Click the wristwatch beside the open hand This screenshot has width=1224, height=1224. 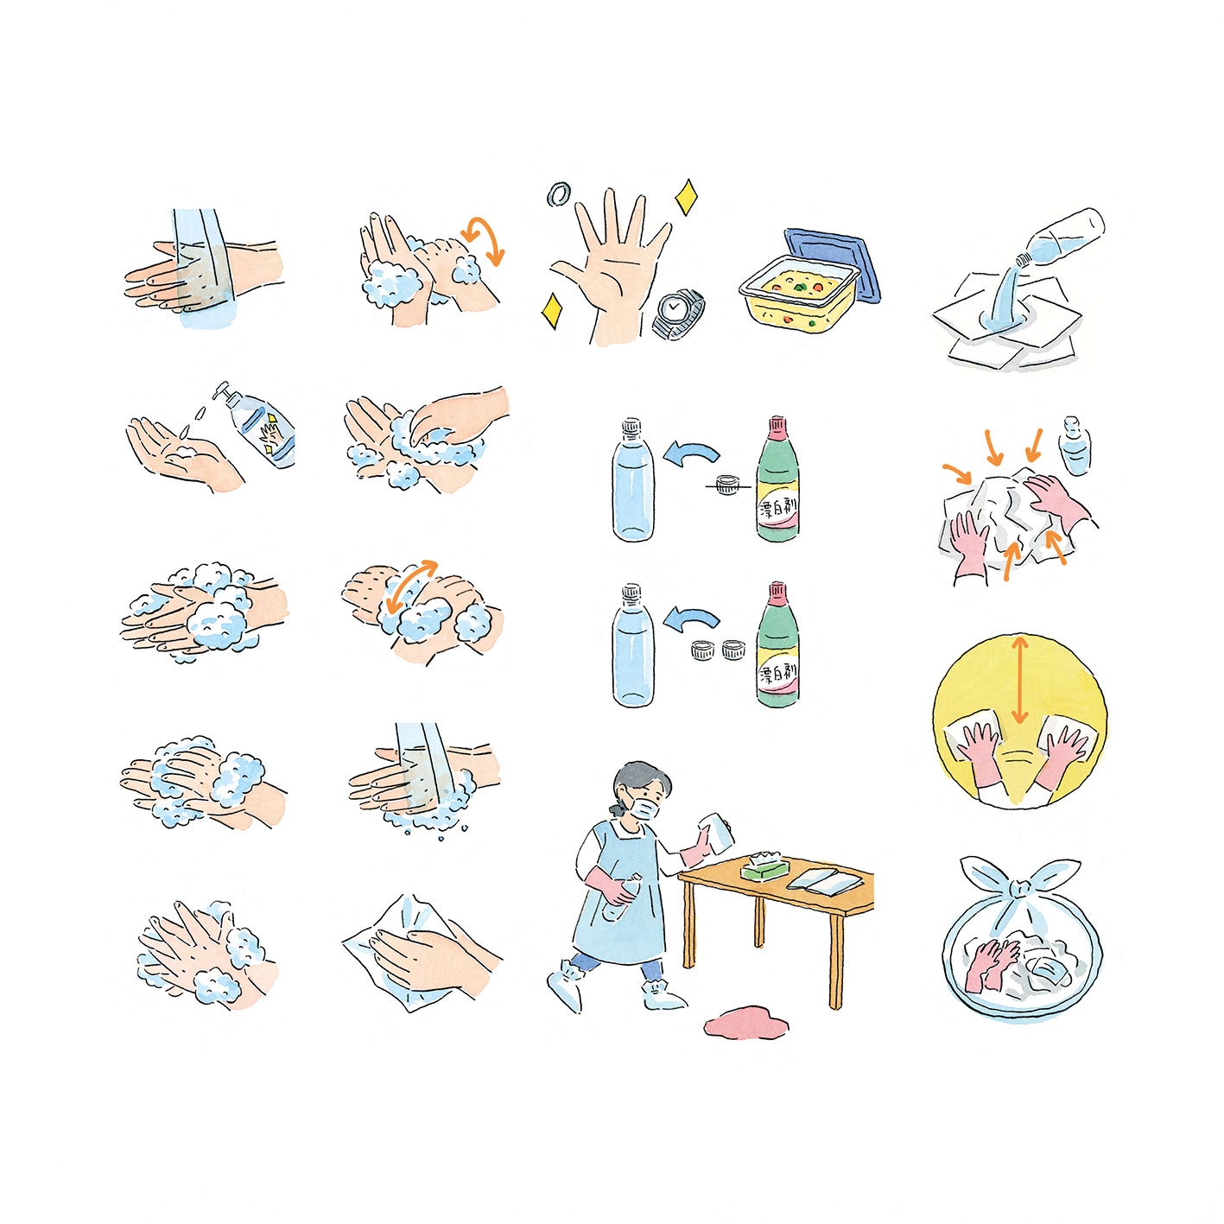[x=678, y=314]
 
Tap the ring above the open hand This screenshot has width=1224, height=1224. [x=560, y=194]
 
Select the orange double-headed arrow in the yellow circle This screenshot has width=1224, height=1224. [x=1019, y=681]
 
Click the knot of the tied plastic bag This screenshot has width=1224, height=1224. [x=1020, y=889]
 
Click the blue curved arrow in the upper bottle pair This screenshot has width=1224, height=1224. [x=691, y=452]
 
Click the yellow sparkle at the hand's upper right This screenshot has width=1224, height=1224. [x=686, y=198]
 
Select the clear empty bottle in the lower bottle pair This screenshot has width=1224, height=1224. [x=632, y=646]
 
